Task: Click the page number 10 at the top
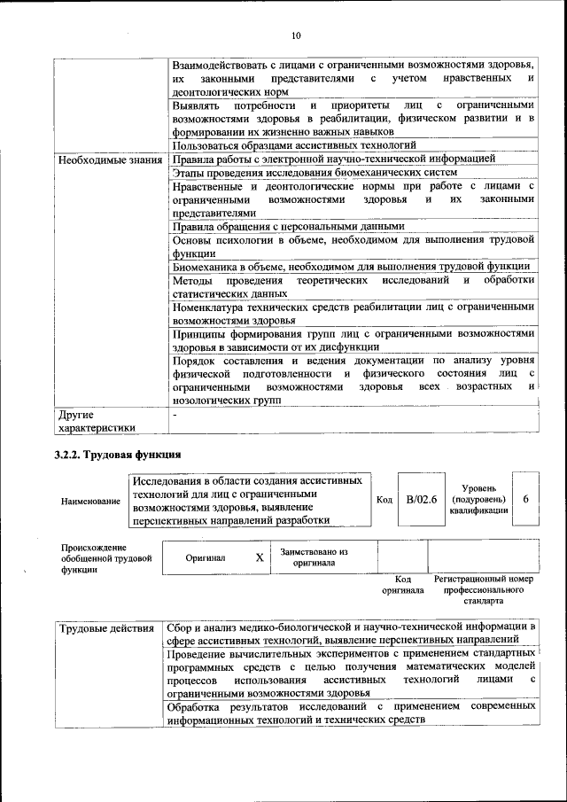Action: (x=296, y=35)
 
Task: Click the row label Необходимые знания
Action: (x=110, y=160)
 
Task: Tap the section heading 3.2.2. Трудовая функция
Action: (x=119, y=456)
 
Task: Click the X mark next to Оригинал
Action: (x=260, y=558)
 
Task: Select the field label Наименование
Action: (x=91, y=502)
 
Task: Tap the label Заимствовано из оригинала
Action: (x=314, y=557)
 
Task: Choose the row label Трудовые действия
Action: (x=105, y=630)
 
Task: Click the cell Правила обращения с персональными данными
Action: (x=289, y=226)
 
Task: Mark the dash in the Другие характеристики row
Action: (x=175, y=414)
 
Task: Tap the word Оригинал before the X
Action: (x=206, y=558)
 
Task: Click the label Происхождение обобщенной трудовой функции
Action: (x=95, y=559)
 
